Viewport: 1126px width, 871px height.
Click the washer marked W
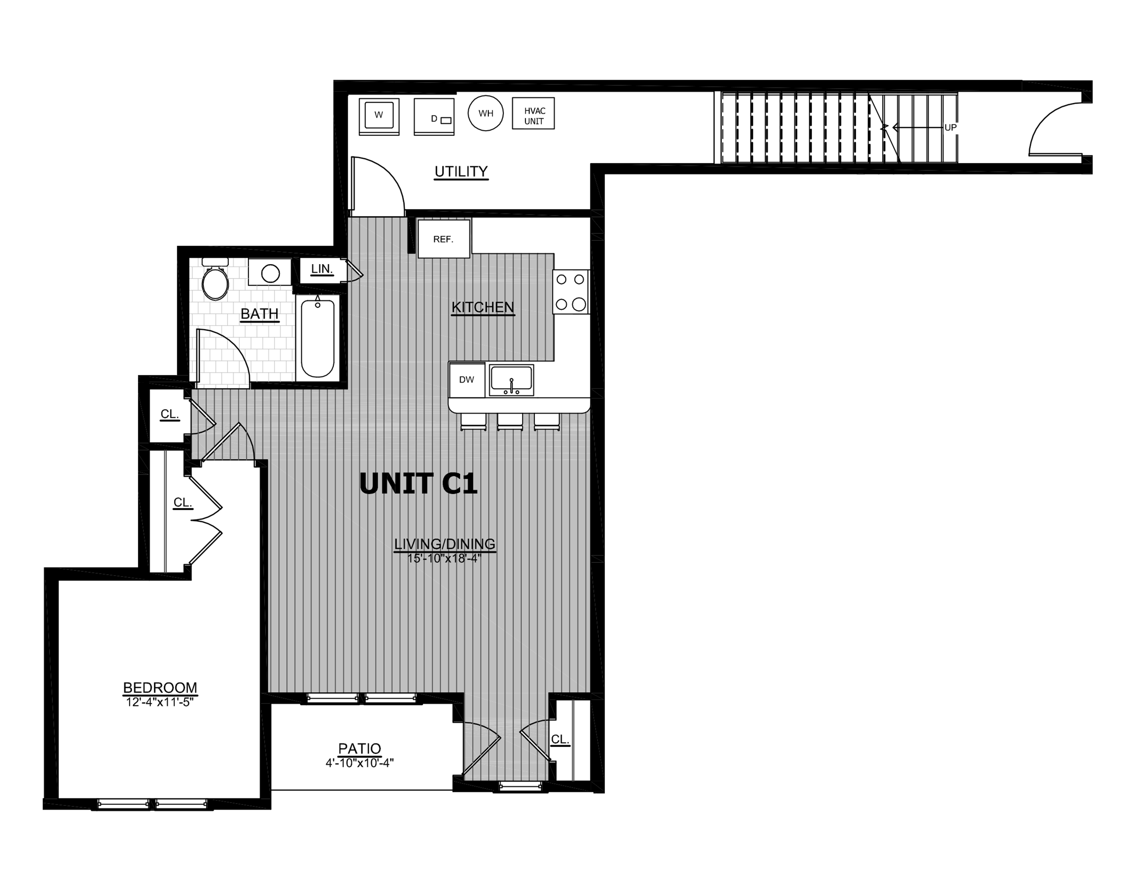(x=379, y=116)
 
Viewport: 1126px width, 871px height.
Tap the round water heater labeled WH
(x=486, y=113)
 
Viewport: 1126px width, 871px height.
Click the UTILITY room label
(x=461, y=171)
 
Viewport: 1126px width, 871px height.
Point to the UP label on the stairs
(x=950, y=127)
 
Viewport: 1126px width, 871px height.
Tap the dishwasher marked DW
(x=466, y=380)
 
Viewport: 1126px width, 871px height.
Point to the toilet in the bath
(x=215, y=279)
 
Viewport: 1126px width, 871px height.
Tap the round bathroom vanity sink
(x=270, y=273)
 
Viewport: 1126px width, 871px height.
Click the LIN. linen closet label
(x=322, y=269)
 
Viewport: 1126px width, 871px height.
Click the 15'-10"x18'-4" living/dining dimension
(x=444, y=558)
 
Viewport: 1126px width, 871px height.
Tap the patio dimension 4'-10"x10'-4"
(x=360, y=763)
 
